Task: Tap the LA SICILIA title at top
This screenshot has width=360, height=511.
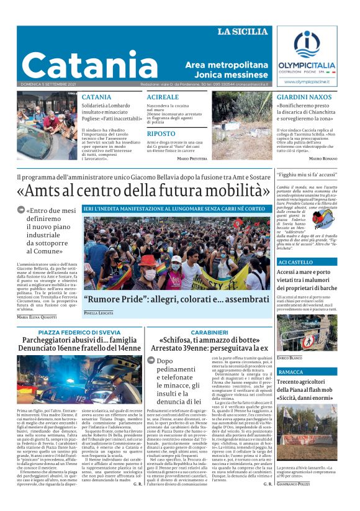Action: click(x=243, y=32)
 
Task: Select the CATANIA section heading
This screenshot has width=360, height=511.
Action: click(x=97, y=97)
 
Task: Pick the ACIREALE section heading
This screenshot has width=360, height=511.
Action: click(x=163, y=97)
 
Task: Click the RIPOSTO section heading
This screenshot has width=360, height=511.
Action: click(x=161, y=133)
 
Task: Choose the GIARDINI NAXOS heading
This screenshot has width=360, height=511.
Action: click(x=305, y=97)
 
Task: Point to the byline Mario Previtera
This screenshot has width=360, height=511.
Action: click(x=192, y=159)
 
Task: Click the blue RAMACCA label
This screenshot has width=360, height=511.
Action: click(x=291, y=372)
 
